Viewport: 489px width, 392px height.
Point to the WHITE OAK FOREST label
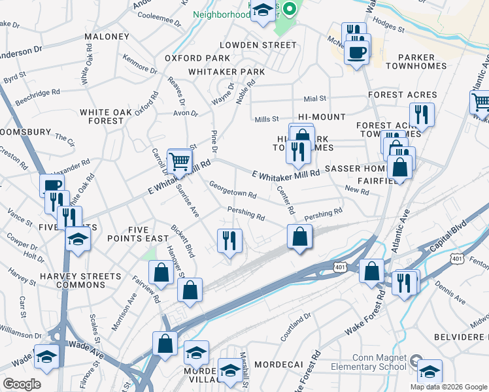coord(101,116)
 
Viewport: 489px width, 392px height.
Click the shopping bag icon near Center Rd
coord(299,236)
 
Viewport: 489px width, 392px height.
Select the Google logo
coord(22,384)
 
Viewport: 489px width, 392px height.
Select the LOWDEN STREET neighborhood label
coord(258,45)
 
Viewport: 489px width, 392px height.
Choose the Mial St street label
coord(314,99)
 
